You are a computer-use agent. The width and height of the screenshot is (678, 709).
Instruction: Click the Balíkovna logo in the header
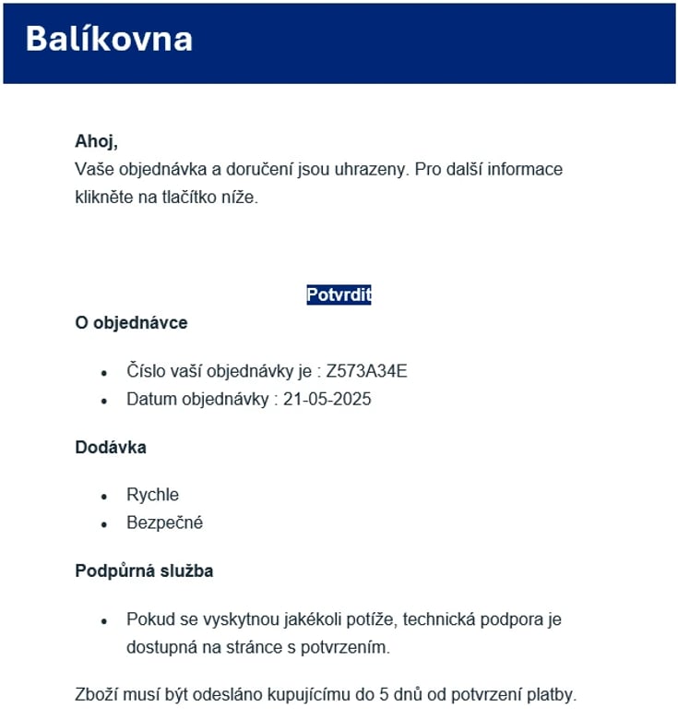(109, 40)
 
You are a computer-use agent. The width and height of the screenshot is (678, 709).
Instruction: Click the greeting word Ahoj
(95, 142)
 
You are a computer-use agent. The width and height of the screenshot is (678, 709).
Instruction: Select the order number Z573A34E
(366, 372)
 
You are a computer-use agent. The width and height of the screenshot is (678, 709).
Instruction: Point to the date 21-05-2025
(327, 401)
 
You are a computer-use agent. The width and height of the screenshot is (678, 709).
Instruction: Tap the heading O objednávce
(131, 323)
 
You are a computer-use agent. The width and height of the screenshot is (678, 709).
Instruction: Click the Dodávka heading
(111, 448)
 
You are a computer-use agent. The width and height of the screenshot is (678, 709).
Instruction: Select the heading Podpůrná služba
(144, 571)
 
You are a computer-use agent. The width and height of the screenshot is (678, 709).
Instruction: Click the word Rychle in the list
(152, 495)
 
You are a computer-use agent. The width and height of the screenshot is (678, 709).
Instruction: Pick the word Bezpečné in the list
(164, 523)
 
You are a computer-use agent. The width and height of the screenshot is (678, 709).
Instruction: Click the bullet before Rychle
(104, 497)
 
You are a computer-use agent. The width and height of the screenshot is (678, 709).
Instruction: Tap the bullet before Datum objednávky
(104, 402)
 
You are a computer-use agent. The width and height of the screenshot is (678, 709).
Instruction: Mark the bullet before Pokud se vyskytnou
(104, 620)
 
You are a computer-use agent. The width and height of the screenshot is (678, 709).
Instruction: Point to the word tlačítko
(174, 198)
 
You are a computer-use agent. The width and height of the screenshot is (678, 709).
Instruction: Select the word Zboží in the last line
(96, 694)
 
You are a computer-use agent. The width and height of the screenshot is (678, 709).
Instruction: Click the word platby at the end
(552, 694)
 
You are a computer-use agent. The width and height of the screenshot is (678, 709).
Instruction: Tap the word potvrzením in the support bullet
(348, 648)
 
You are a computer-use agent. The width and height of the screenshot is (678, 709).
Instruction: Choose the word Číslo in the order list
(147, 372)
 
